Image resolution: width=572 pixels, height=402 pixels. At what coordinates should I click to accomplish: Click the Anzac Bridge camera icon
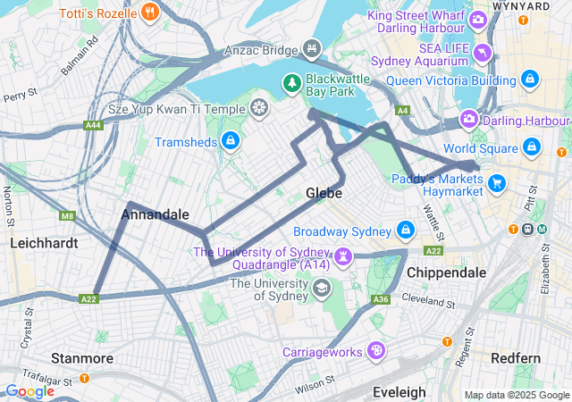(x=311, y=48)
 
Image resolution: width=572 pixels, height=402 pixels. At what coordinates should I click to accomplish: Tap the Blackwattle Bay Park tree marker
(x=291, y=84)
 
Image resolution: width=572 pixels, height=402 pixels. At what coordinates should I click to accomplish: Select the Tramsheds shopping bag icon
(x=231, y=141)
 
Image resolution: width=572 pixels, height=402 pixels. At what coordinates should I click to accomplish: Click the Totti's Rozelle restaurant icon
(x=149, y=14)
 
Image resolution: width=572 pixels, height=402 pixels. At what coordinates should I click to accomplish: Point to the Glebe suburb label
(x=324, y=192)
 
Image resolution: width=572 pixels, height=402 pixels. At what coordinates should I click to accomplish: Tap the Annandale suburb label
(x=155, y=214)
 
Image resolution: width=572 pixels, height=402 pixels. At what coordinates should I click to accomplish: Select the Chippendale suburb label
(x=446, y=272)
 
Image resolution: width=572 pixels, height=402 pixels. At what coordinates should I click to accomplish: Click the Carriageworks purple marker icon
(x=376, y=351)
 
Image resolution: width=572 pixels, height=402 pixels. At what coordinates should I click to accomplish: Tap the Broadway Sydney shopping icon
(x=407, y=230)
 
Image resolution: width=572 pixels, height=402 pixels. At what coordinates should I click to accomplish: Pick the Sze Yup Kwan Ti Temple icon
(x=258, y=109)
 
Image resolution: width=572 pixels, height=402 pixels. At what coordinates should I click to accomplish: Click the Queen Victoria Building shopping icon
(x=530, y=80)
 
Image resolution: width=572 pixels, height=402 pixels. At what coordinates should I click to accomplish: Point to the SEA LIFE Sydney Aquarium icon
(x=483, y=53)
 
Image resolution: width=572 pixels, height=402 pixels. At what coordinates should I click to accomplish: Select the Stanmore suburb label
(x=81, y=358)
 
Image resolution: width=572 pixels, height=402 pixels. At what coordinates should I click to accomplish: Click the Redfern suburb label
(x=516, y=358)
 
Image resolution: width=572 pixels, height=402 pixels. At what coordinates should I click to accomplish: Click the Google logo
(x=29, y=390)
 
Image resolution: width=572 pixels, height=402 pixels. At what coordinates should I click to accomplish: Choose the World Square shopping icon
(x=531, y=147)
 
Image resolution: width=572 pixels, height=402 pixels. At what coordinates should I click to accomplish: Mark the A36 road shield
(x=381, y=299)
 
